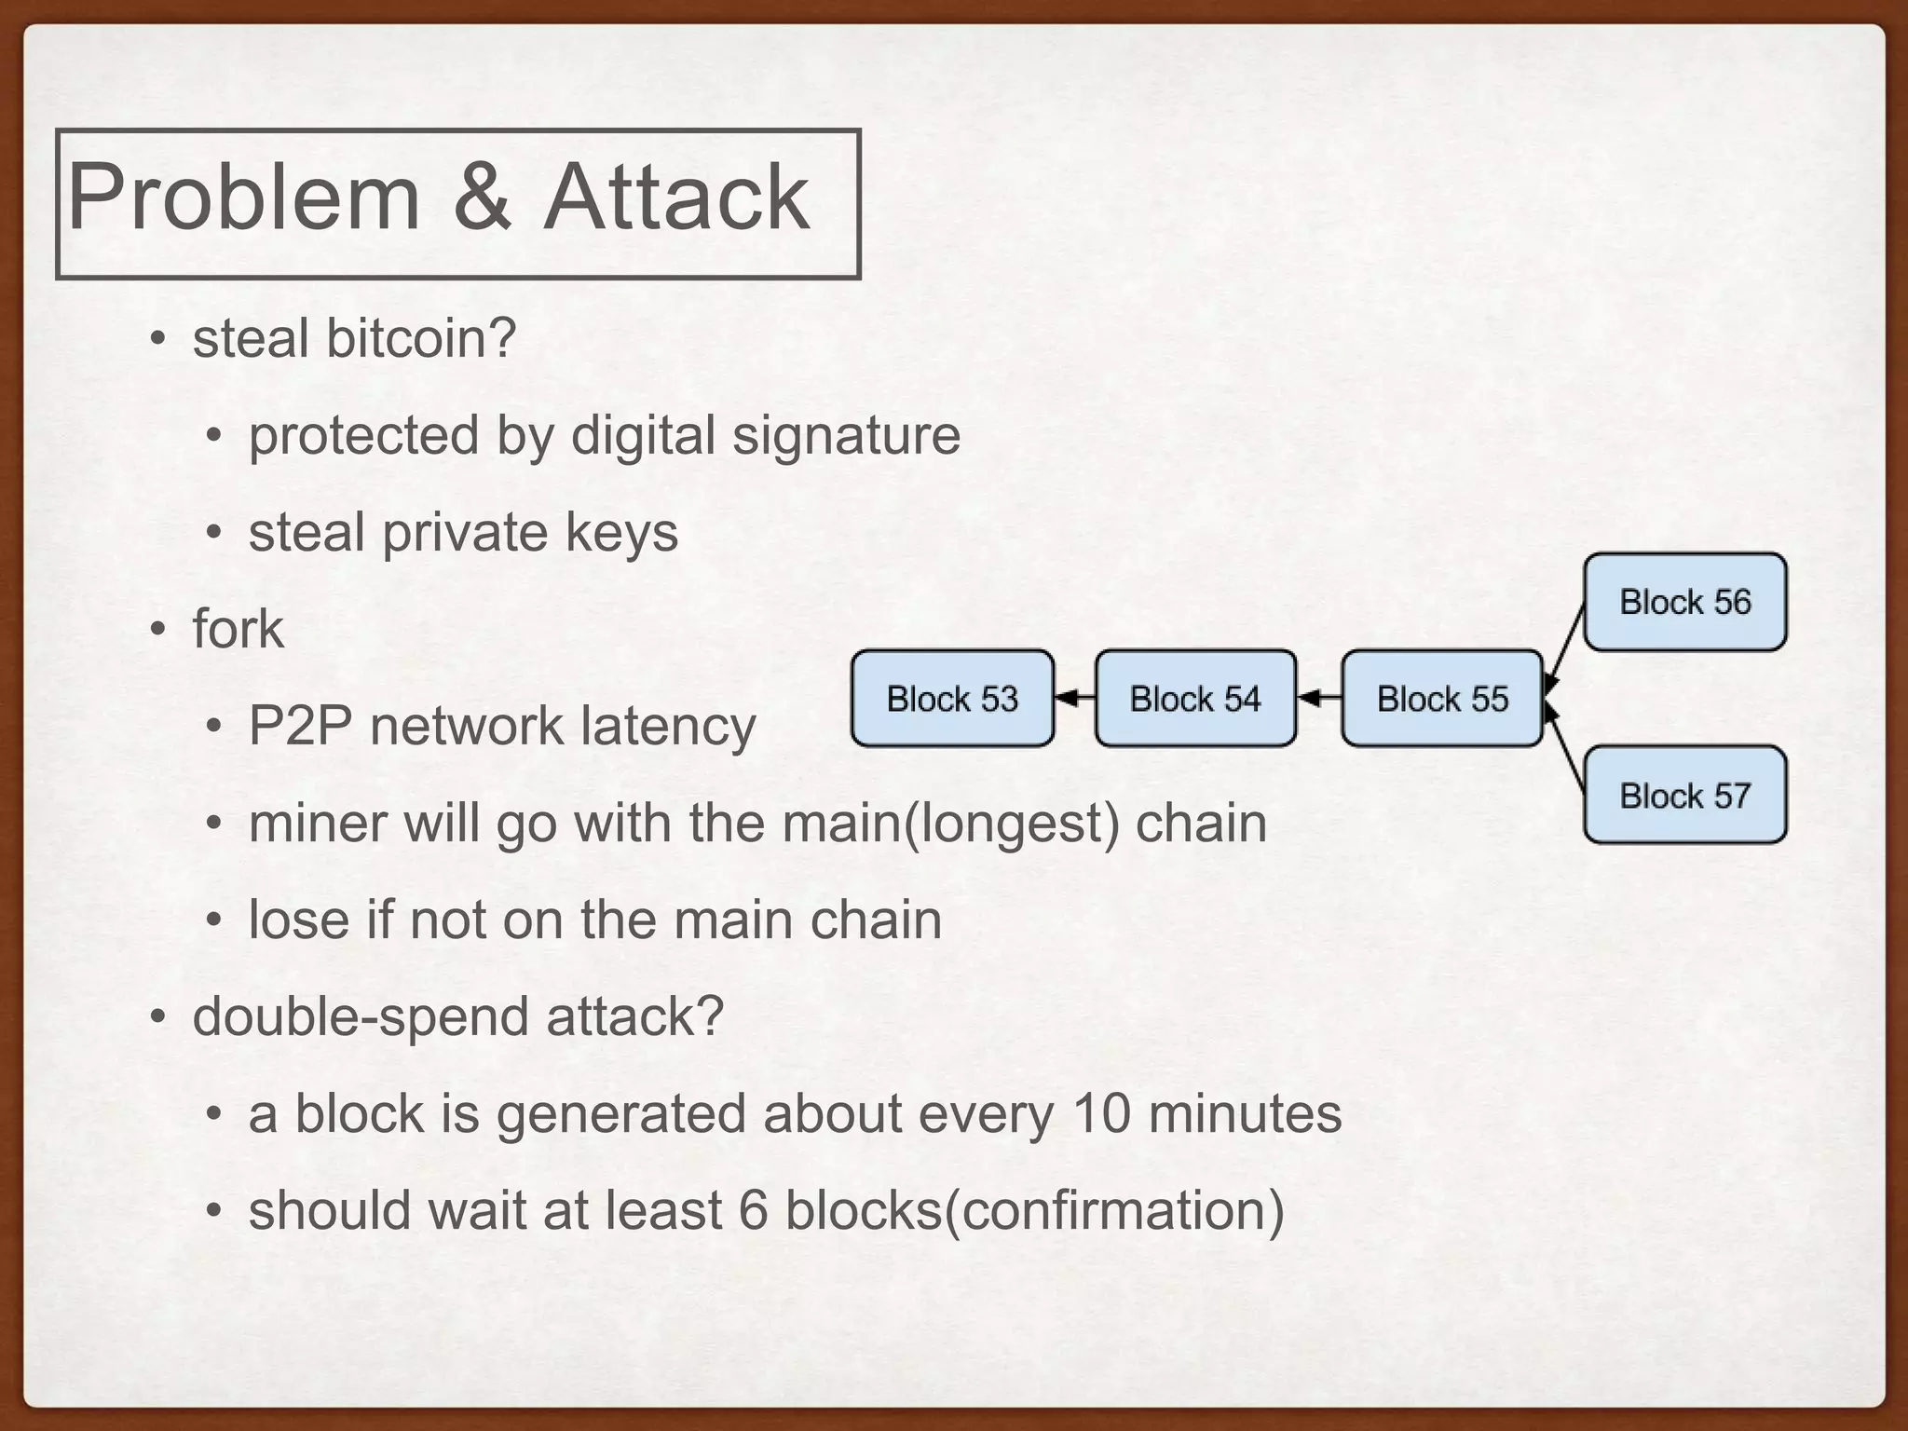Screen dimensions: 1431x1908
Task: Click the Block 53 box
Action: (952, 698)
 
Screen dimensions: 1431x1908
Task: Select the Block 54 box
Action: (1195, 698)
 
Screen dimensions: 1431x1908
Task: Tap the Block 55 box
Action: (1442, 698)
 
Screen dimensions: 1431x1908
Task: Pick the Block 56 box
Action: (1684, 602)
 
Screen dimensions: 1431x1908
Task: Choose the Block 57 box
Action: (1684, 795)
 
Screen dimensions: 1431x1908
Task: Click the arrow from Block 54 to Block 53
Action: (1075, 697)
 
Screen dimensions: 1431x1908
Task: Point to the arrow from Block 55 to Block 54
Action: (1319, 697)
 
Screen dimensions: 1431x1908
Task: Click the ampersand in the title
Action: (482, 198)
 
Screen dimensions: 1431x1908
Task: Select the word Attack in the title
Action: (676, 198)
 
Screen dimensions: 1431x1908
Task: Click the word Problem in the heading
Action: (244, 198)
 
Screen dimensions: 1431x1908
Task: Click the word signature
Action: (846, 435)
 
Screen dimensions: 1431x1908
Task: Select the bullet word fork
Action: (238, 629)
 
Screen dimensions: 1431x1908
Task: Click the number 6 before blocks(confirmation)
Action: (753, 1211)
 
